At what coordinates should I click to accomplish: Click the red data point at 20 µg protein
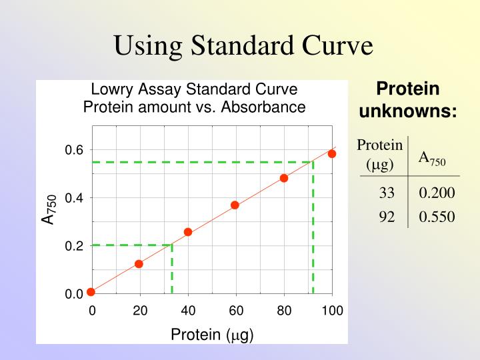pos(139,264)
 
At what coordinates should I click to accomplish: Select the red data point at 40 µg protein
pos(188,232)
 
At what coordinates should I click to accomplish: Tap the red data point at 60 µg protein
pos(235,205)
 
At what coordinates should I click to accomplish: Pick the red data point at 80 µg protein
pos(284,178)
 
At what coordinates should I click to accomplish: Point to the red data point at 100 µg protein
pos(332,154)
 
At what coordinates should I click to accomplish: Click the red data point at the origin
pos(91,291)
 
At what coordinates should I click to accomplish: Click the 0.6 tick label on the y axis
pos(74,151)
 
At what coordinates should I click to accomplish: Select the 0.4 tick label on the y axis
pos(74,199)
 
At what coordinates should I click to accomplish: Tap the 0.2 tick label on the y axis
pos(74,246)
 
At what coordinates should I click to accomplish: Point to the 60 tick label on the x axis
pos(236,310)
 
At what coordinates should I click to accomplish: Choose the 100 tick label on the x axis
pos(332,310)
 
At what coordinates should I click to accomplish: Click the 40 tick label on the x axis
pos(188,310)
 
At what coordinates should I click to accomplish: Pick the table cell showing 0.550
pos(437,216)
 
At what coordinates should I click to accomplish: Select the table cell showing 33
pos(387,193)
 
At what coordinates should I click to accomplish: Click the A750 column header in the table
pos(432,158)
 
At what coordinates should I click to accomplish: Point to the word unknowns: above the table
pos(407,111)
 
